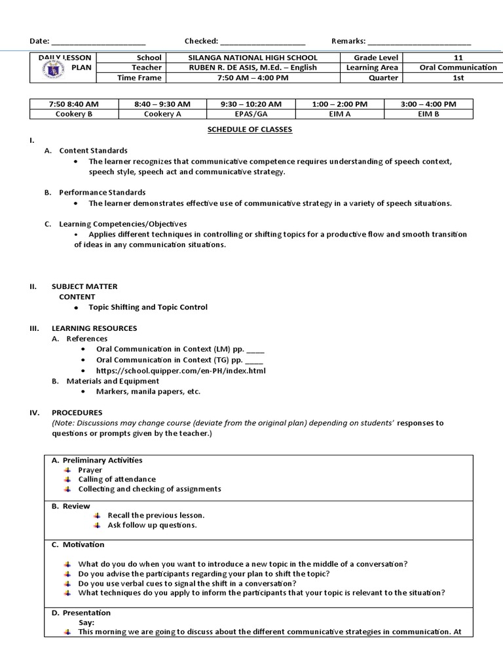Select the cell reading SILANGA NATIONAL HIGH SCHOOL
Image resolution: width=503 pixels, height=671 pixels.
(x=252, y=58)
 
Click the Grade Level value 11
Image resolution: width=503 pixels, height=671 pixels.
(x=458, y=58)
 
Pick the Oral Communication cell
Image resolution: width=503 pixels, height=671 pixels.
(x=458, y=67)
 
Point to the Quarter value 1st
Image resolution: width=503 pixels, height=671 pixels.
(x=458, y=77)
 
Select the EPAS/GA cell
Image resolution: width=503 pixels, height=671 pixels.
(x=251, y=113)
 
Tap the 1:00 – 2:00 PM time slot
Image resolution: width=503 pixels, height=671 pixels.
(x=339, y=104)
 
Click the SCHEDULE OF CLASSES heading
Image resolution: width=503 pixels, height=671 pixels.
(x=250, y=129)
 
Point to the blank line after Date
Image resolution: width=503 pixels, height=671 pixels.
(x=98, y=41)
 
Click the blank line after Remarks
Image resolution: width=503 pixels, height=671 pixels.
(x=419, y=41)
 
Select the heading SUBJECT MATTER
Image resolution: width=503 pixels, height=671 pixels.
(x=84, y=286)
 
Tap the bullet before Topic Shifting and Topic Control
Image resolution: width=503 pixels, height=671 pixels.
(x=76, y=307)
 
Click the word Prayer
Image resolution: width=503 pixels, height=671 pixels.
(x=90, y=470)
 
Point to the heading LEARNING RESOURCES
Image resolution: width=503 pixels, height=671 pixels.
(x=94, y=328)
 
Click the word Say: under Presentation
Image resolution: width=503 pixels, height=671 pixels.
(x=86, y=623)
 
